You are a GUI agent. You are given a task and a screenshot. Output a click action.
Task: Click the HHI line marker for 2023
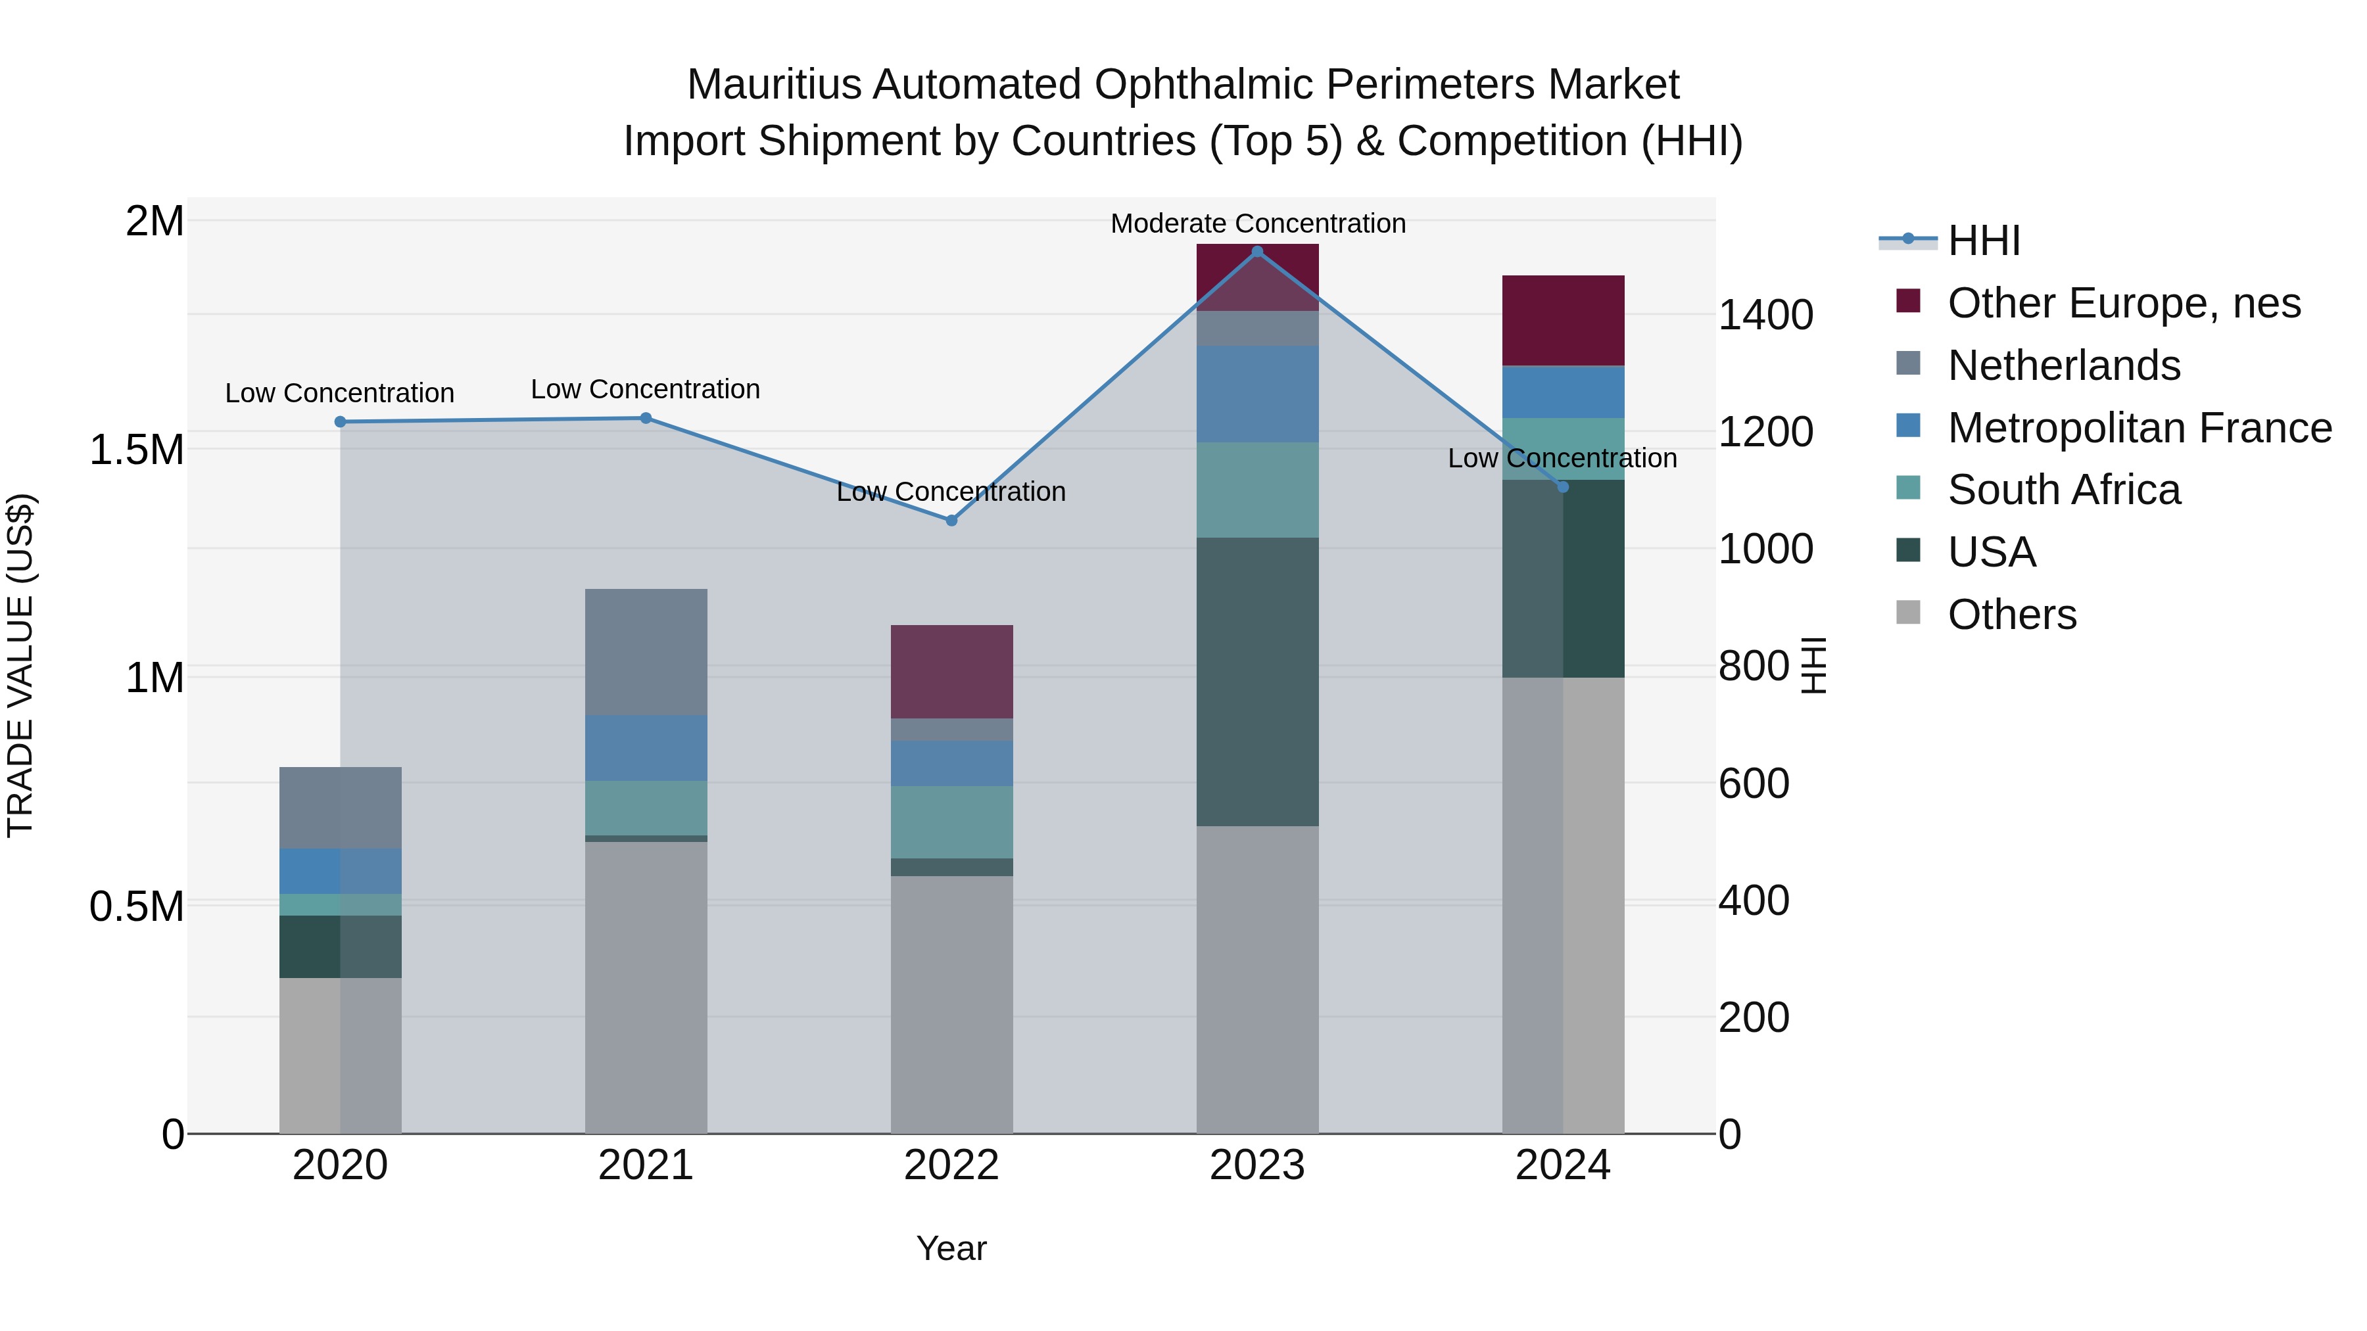tap(1257, 252)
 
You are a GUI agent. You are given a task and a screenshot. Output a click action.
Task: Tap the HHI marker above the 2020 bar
tap(340, 421)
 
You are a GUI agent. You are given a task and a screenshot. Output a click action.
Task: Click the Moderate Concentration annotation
tap(1257, 223)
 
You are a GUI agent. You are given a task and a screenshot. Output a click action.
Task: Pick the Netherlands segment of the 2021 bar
tap(646, 652)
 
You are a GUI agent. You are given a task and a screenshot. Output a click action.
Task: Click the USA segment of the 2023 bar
tap(1257, 682)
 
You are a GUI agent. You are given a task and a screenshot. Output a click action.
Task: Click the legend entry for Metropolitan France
tap(2139, 428)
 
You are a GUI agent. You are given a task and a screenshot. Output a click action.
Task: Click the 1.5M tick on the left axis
tap(137, 450)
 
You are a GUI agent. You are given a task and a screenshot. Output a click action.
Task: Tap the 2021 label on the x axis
tap(645, 1165)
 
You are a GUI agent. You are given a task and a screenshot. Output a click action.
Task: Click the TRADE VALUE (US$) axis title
tap(20, 665)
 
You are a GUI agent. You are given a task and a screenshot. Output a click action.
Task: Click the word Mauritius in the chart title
tap(775, 85)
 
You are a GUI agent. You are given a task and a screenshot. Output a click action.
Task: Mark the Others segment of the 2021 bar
tap(646, 987)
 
